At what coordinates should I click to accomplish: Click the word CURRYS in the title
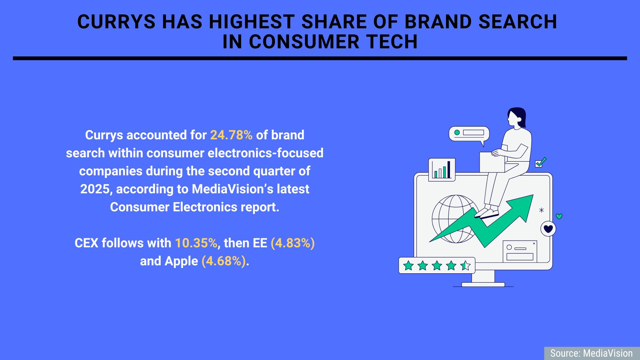(116, 22)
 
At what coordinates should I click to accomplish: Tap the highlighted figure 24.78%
(231, 135)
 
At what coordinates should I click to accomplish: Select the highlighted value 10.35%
(196, 243)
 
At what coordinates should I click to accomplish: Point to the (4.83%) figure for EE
(293, 243)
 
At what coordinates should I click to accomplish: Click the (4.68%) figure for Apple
(224, 261)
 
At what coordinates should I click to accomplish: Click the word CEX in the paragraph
(86, 243)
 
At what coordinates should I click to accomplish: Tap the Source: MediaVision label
(591, 353)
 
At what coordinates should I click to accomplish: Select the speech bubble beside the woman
(469, 135)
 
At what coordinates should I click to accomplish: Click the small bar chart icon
(442, 170)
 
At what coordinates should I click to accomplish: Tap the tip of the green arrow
(533, 195)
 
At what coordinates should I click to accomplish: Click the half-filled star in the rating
(465, 266)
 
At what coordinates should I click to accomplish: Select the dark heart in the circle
(548, 229)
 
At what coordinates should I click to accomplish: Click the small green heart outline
(559, 216)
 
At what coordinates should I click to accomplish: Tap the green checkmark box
(540, 163)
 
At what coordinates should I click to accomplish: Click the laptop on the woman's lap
(492, 162)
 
